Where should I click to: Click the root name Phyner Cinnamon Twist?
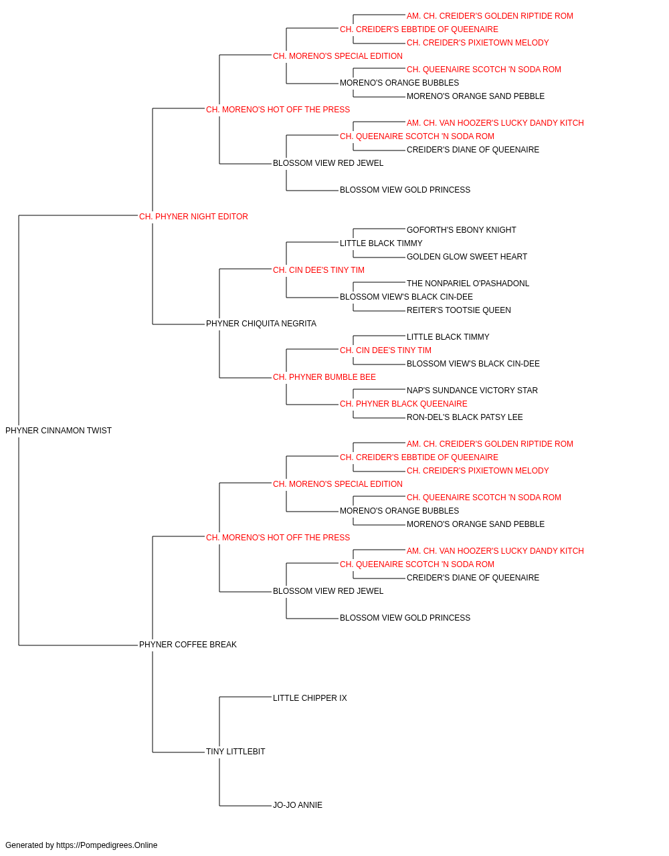click(x=58, y=431)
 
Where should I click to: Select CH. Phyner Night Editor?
click(x=193, y=217)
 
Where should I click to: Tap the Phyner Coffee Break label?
click(x=187, y=645)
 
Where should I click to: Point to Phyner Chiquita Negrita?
click(x=261, y=324)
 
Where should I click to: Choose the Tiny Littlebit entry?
click(x=235, y=752)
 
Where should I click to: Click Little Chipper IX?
click(x=310, y=698)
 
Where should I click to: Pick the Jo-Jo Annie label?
click(x=298, y=805)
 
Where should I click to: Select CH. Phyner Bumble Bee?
click(x=324, y=377)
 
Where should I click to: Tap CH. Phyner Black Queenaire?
click(x=403, y=404)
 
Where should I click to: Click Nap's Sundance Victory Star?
click(x=472, y=391)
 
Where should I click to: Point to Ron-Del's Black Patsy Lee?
click(x=464, y=417)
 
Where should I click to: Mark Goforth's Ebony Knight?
click(x=461, y=229)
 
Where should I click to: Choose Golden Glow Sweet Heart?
click(x=466, y=256)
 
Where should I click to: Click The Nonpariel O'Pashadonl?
click(x=468, y=284)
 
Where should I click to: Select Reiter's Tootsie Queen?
click(x=459, y=310)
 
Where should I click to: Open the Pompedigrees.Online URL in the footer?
click(x=106, y=845)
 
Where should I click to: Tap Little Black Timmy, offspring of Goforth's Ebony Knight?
click(x=381, y=243)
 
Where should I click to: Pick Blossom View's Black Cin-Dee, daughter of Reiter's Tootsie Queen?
click(x=406, y=297)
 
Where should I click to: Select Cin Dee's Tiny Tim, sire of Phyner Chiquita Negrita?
click(x=318, y=270)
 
